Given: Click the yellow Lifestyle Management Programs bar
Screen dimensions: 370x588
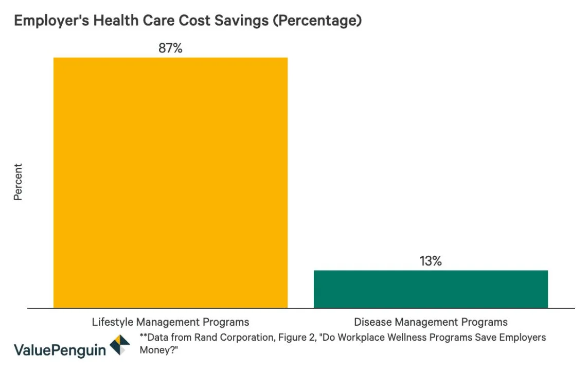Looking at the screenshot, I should [x=170, y=182].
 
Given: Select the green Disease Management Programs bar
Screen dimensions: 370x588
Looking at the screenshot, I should [x=431, y=289].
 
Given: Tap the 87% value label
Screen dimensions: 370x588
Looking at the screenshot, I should [x=170, y=48].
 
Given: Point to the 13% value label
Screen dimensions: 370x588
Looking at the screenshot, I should [x=431, y=261].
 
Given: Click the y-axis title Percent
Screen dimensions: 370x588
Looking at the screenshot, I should [x=18, y=182].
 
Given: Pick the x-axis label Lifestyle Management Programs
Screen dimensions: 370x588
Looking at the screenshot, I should [x=170, y=322].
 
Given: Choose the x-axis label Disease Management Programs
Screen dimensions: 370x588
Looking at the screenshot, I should [x=431, y=322].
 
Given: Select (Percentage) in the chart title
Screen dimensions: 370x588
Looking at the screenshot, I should [x=318, y=21].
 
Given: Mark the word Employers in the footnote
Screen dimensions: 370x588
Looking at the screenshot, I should [x=521, y=338].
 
